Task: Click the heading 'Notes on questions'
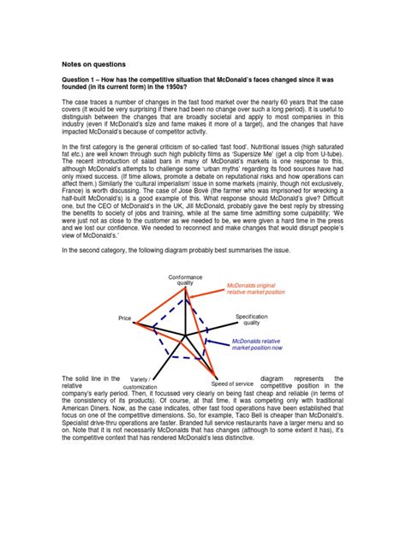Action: tap(93, 64)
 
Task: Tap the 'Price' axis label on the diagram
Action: tap(125, 318)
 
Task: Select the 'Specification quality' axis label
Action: tap(252, 319)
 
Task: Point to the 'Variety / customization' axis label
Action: tap(140, 382)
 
